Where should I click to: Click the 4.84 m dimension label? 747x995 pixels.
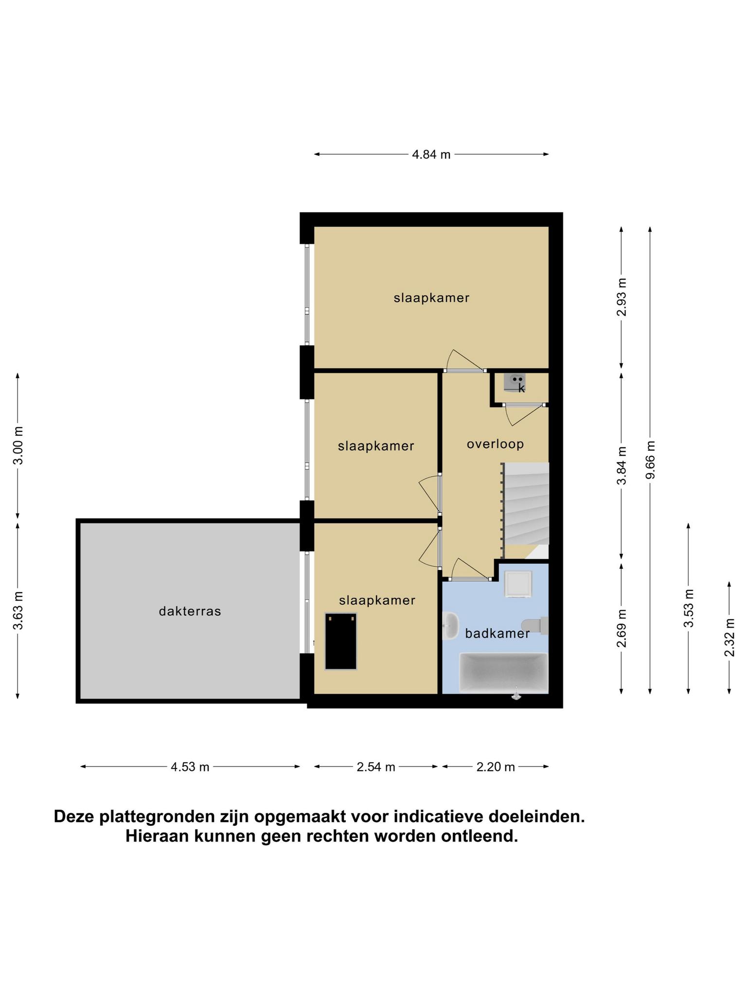[431, 154]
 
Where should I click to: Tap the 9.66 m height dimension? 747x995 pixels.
[650, 460]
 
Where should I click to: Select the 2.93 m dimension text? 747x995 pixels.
[622, 297]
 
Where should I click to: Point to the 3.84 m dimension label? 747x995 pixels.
[622, 465]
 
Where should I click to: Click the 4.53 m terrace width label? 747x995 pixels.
[190, 767]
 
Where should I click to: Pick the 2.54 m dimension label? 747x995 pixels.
[376, 767]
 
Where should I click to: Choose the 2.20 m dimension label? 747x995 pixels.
[496, 767]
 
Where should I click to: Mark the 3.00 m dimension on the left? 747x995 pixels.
[18, 445]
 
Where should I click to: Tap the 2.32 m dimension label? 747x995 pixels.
[729, 637]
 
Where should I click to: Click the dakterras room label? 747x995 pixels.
[190, 611]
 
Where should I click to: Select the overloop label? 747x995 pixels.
[495, 444]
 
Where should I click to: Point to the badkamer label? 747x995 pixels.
[497, 634]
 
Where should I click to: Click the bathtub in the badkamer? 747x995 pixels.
[504, 673]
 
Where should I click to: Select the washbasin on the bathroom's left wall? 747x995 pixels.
[450, 625]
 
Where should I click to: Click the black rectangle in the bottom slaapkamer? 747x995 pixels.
[341, 641]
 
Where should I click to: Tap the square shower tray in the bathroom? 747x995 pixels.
[518, 583]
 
